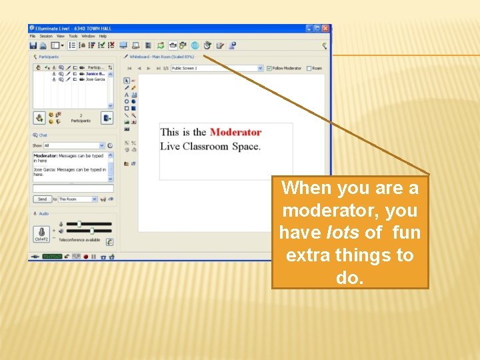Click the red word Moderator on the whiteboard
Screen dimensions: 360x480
[235, 132]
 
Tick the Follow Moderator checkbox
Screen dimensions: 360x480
[269, 68]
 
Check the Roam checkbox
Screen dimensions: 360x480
[308, 68]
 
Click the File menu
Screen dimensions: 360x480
[32, 36]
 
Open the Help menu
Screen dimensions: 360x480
[103, 36]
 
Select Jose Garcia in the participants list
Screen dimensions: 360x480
[95, 79]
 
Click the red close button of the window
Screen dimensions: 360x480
[325, 29]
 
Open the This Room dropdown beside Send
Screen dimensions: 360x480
[78, 199]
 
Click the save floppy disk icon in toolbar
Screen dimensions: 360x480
[33, 45]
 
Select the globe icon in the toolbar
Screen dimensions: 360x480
[195, 45]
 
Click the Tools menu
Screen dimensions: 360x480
[73, 36]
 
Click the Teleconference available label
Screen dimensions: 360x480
[79, 240]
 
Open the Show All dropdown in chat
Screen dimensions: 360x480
[74, 145]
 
